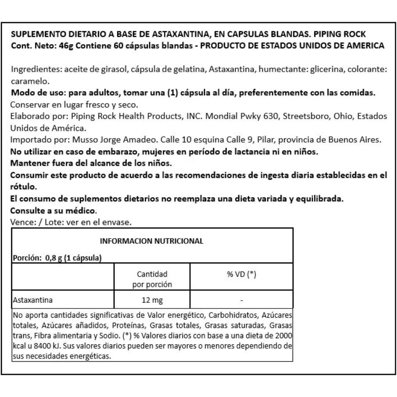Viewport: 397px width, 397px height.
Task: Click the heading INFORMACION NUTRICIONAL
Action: (151, 242)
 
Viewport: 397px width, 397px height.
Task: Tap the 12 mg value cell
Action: (152, 300)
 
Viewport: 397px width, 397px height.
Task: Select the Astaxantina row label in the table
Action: (32, 300)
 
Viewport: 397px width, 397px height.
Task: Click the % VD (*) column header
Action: (241, 274)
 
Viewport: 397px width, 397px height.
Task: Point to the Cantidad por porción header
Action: (152, 279)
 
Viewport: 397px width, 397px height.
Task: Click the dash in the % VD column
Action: (242, 301)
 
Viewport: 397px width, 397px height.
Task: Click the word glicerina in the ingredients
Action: (326, 70)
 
